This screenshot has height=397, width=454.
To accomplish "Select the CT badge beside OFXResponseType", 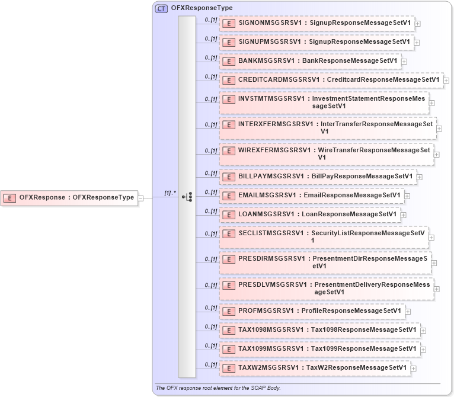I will pos(161,8).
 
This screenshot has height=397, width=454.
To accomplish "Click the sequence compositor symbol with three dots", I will pos(187,197).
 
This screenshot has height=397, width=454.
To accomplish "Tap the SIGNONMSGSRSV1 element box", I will pos(316,23).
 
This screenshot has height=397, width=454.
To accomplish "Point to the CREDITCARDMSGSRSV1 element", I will pos(331,80).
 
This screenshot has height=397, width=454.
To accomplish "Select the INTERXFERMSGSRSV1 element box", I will pos(328,127).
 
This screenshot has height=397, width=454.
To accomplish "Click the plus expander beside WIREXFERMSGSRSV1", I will pos(436,155).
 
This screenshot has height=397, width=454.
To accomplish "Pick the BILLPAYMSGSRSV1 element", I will pos(318,177).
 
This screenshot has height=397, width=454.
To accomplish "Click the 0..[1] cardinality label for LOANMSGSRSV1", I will pos(210,210).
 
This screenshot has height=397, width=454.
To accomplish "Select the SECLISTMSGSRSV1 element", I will pos(324,236).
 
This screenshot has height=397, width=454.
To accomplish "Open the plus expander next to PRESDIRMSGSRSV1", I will pos(434,262).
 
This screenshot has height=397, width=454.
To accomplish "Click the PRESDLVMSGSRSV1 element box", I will pos(326,288).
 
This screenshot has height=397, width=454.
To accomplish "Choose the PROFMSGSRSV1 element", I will pos(312,311).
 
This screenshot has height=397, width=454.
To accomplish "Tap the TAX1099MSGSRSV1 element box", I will pos(319,349).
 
